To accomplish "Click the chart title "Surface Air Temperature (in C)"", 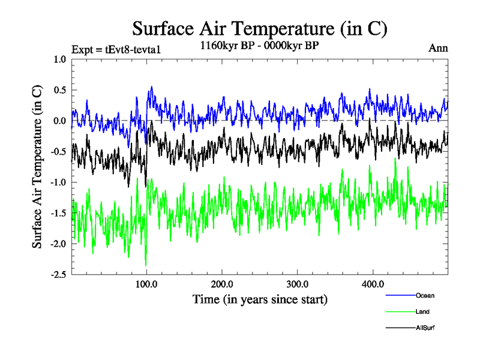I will tap(260, 28).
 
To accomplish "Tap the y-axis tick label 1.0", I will tap(60, 59).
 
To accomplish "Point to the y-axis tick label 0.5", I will tap(60, 90).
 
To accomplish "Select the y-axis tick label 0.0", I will tap(60, 121).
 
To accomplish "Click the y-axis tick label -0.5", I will tap(58, 152).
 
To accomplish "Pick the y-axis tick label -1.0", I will tap(58, 182).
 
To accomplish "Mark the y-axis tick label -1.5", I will tap(58, 213).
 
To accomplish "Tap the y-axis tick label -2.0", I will tap(58, 244).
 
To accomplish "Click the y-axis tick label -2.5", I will tap(58, 275).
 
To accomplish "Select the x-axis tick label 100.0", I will tap(146, 284).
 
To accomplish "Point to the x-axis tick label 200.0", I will tap(222, 284).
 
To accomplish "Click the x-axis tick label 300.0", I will tap(298, 284).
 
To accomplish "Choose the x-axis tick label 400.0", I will tap(373, 284).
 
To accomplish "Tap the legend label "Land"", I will tap(422, 311).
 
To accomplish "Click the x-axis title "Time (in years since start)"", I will tap(260, 299).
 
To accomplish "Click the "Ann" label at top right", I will tap(438, 48).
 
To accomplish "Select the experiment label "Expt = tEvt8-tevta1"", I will tap(116, 49).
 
